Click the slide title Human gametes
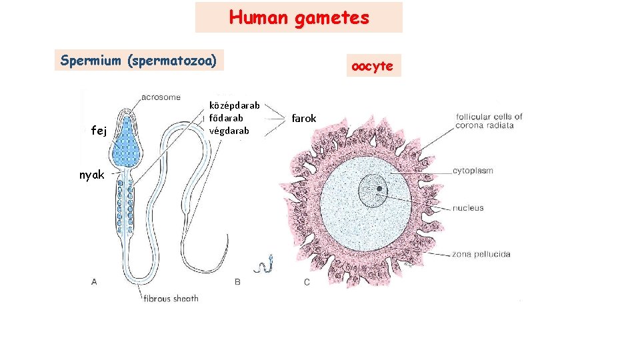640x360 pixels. coord(299,17)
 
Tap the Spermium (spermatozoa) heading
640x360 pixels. coord(139,61)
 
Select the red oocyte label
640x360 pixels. coord(373,66)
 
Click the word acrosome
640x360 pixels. coord(161,97)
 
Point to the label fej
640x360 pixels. coord(99,131)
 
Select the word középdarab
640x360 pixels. coord(234,105)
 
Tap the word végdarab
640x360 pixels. coord(230,131)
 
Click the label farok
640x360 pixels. coord(304,118)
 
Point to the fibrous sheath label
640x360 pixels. coord(171,299)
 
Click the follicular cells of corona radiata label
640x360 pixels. coord(489,121)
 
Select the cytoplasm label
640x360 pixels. coord(473,171)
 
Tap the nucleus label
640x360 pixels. coord(468,208)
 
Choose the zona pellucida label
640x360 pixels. coord(481,254)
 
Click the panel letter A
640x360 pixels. coord(94,282)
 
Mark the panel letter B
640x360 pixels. coord(237,282)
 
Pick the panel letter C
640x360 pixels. coord(307,282)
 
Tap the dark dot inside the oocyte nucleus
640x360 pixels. coord(379,189)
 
